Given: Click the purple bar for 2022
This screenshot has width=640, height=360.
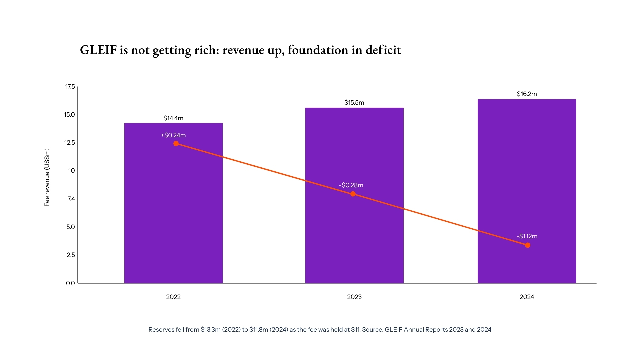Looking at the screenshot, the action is coord(173,203).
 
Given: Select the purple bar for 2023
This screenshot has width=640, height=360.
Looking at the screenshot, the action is coord(354,195).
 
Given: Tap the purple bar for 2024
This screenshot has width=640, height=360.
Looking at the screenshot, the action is coord(527,191).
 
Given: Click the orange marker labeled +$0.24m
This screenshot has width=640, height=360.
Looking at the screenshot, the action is coord(176,143).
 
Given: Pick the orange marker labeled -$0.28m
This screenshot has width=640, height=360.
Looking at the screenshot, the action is coord(353,194).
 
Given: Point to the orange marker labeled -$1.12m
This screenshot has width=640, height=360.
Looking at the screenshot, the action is coord(528,245).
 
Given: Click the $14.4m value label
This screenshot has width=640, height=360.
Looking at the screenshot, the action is coord(173,118).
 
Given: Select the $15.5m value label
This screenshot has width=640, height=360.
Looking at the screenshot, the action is coord(354,103).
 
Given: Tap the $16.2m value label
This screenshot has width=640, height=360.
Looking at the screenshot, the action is coord(527,94).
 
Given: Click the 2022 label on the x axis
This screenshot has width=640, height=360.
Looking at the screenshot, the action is coord(173,297).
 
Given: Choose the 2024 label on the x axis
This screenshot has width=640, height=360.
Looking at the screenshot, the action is coord(527,297).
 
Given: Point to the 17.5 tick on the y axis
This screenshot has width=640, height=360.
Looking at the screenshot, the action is coord(70,87).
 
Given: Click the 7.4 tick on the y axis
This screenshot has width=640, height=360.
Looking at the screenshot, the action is coord(71,199).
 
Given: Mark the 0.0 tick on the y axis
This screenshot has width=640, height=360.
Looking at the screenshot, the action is coord(70,283).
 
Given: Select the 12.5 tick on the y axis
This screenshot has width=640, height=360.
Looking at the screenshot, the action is coord(70,143).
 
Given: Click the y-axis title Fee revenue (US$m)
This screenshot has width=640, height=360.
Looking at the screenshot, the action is coord(47,177).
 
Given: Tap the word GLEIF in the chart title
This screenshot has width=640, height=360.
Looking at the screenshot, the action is coord(98,50).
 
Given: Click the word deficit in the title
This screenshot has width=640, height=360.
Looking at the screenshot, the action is coord(383,50).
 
